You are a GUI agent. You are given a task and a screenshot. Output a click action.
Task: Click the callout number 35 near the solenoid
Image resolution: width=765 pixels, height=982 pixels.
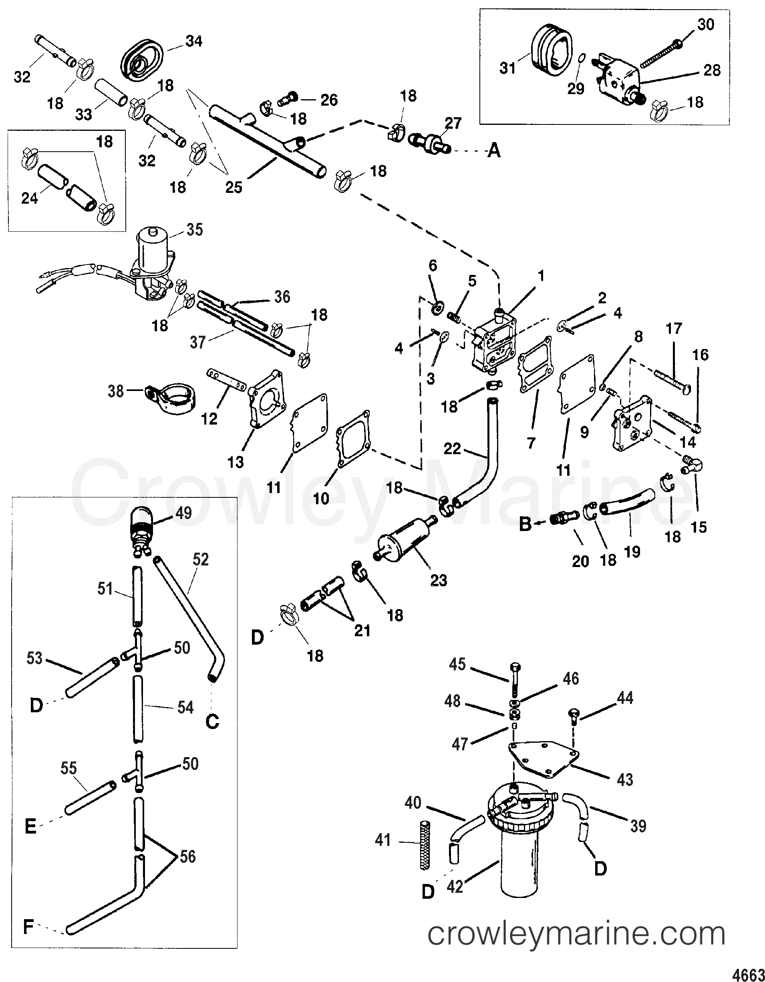coord(195,230)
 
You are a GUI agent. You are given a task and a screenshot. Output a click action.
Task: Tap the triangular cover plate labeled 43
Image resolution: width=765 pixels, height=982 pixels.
coord(544,759)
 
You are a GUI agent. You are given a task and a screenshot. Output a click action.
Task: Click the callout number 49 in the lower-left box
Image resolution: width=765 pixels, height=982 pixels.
coord(183,513)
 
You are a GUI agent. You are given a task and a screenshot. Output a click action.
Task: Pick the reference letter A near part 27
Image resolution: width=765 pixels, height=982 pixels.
coord(494,152)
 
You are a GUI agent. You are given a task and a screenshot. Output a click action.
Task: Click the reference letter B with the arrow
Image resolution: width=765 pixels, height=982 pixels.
coord(525,524)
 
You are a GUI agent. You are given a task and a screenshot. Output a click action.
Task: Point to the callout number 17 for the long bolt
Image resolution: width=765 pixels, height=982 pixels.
coord(674,329)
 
